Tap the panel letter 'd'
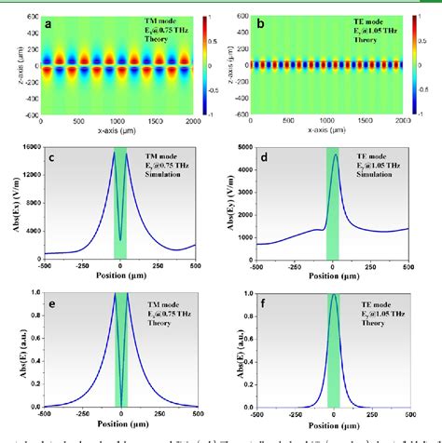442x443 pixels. [x=266, y=157]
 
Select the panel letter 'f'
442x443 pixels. [x=266, y=302]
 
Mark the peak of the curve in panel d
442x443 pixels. [x=335, y=155]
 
